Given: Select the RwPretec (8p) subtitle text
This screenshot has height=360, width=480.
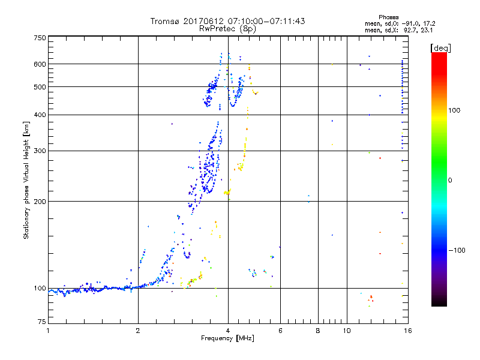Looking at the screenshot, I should pos(228,28).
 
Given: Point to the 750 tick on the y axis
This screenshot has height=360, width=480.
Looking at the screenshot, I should pos(40,38).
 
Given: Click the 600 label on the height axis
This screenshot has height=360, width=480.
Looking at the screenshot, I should pos(40,64).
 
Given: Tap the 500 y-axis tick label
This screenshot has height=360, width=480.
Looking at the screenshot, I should pos(40,87).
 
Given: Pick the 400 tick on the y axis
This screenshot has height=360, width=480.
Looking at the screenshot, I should pos(40,115).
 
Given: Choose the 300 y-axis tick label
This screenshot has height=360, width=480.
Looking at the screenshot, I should pos(40,151).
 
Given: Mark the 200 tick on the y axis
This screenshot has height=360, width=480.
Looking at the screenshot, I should pos(40,202).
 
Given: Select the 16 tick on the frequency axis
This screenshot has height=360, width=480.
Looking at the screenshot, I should pos(407,331).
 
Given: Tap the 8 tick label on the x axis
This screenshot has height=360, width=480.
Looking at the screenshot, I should pos(318,331).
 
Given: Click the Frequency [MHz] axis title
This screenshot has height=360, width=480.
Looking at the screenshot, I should pos(227,338).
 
